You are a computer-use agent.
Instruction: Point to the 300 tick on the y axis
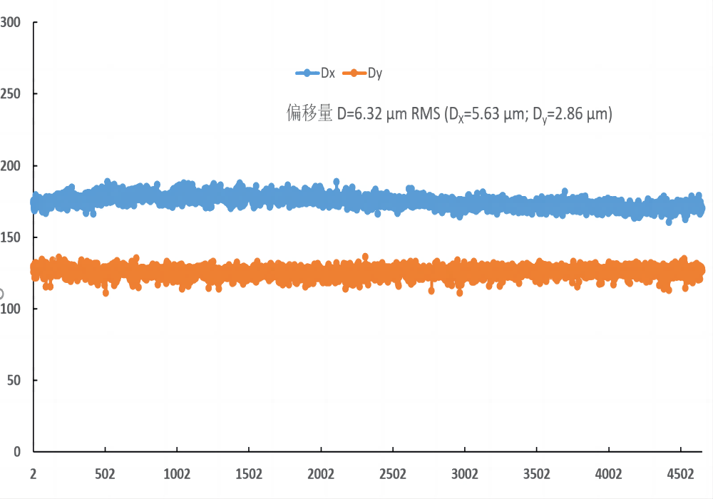(x=10, y=22)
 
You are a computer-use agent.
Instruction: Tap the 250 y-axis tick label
(x=10, y=94)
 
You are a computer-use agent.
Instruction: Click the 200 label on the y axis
(x=10, y=165)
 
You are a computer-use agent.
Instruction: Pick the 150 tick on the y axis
(x=10, y=237)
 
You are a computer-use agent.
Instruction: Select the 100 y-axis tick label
(x=10, y=309)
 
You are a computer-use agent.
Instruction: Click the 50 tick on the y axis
(x=13, y=381)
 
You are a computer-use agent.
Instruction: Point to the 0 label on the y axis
(x=16, y=452)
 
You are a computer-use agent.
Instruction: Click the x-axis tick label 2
(x=34, y=473)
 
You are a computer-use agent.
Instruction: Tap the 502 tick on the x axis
(x=105, y=473)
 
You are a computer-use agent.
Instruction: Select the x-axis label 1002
(x=177, y=473)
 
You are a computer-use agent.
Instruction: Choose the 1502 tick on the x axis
(x=249, y=473)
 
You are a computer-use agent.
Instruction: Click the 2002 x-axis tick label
(x=321, y=473)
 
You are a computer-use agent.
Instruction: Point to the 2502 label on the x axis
(x=393, y=473)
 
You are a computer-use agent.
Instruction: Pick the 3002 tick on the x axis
(x=465, y=473)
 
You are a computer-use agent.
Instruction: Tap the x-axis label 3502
(x=537, y=473)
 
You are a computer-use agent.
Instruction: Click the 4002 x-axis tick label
(x=609, y=473)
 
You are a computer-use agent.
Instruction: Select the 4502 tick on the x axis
(x=680, y=473)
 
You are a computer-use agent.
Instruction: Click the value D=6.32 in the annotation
(x=360, y=113)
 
